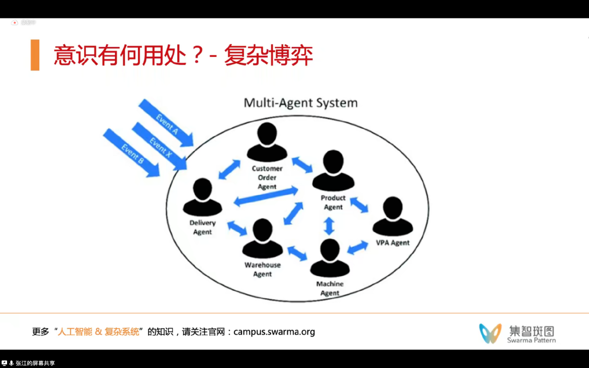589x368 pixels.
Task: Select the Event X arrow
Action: coord(159,145)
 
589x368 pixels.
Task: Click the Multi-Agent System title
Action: coord(300,103)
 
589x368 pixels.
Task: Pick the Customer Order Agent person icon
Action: coord(267,143)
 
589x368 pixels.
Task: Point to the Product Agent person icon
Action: coord(333,171)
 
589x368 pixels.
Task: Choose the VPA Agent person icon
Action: coord(393,217)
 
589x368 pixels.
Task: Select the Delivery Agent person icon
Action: coord(202,197)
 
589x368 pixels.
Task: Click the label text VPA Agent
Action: coord(393,243)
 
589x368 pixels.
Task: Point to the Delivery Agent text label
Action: coord(202,227)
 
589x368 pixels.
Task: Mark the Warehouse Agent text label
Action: coord(262,269)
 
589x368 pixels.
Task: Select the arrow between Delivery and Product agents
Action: coord(266,196)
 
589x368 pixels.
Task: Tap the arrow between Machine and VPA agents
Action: coord(358,247)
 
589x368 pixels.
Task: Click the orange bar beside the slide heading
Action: coord(35,55)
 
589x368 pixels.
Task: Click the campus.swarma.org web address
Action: coord(274,331)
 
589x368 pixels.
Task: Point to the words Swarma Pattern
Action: coord(531,340)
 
